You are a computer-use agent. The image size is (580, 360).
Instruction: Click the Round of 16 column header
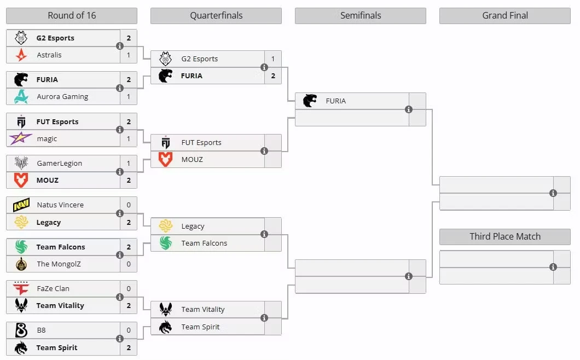tap(72, 15)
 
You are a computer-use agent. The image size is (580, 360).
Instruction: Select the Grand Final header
tap(505, 15)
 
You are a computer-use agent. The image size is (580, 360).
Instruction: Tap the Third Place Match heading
tap(505, 236)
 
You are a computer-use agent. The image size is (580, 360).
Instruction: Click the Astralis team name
tap(49, 55)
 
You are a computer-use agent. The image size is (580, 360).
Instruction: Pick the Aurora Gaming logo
tap(21, 97)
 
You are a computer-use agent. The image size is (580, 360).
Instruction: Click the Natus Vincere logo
tap(21, 205)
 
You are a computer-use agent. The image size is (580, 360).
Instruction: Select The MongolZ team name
tap(59, 264)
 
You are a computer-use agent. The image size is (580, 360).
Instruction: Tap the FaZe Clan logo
tap(21, 288)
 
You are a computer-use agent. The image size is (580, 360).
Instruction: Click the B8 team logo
tap(21, 330)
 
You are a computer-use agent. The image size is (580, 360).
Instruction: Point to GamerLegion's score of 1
tap(129, 163)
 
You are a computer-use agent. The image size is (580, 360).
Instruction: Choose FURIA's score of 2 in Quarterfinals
tap(273, 76)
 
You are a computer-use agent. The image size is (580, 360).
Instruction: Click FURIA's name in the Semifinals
tap(336, 101)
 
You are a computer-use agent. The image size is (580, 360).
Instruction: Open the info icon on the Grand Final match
tap(553, 193)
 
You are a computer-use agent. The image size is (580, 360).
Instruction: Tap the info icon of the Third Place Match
tap(553, 267)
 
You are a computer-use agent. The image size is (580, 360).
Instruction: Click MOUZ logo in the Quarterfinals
tap(165, 159)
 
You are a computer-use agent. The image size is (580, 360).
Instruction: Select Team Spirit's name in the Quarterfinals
tap(200, 327)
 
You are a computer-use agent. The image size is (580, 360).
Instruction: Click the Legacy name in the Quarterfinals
tap(193, 227)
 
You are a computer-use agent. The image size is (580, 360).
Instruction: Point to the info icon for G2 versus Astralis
tap(120, 46)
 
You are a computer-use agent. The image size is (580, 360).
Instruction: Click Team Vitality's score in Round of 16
tap(129, 306)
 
